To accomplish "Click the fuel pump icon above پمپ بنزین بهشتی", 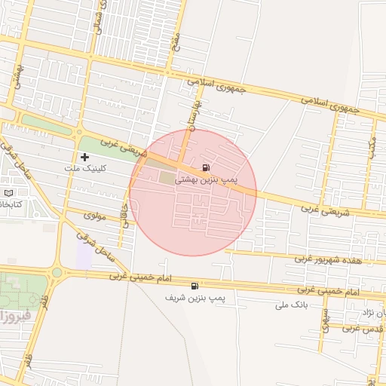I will (x=206, y=167).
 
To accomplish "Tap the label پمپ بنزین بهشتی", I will (x=206, y=180).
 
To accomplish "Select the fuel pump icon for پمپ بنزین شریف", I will (x=196, y=286).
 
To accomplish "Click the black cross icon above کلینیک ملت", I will (x=84, y=157).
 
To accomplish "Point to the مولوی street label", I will (x=95, y=216).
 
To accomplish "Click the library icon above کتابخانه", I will (x=8, y=192).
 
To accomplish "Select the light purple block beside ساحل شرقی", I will (x=84, y=256).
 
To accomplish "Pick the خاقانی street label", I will (x=126, y=213).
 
